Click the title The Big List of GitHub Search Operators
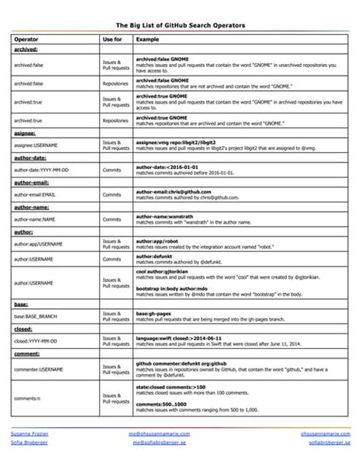coord(180,25)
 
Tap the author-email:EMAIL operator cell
coord(40,195)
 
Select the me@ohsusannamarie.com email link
coord(160,432)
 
